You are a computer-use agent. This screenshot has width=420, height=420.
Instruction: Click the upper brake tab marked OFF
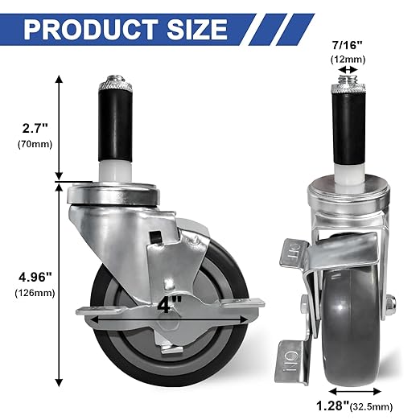291,254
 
